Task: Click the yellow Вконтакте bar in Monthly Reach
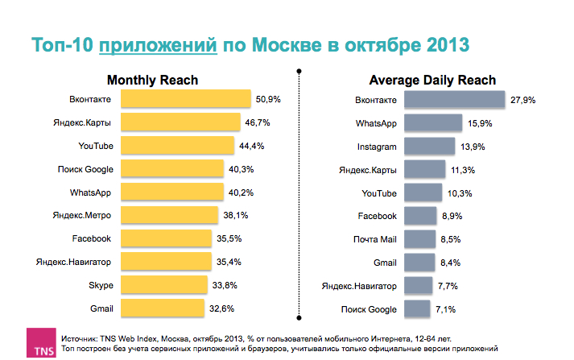coord(186,99)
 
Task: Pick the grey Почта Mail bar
coord(419,239)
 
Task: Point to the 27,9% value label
coord(522,100)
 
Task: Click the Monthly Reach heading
coord(152,81)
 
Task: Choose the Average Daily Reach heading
coord(432,81)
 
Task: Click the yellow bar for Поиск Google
coord(172,169)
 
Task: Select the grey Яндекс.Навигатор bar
coord(418,286)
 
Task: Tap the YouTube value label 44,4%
coord(252,146)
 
